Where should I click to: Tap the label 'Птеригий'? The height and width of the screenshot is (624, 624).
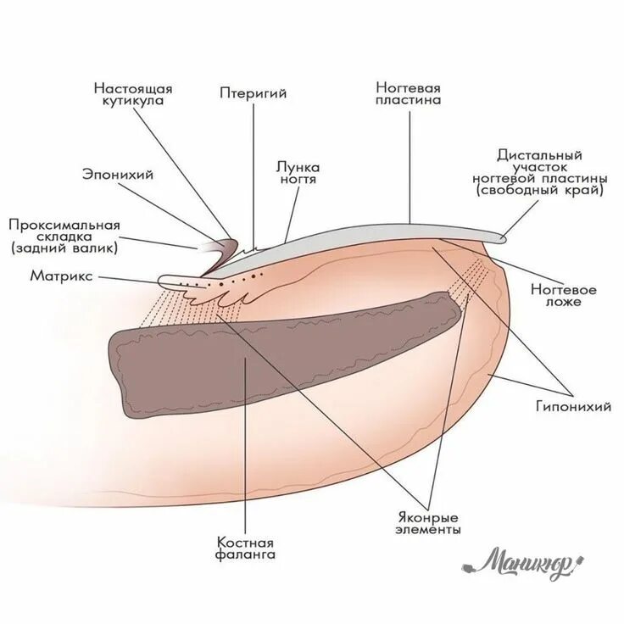tap(253, 93)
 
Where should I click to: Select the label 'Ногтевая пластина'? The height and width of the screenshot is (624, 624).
tap(409, 93)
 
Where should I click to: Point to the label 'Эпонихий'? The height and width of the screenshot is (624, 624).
tap(117, 175)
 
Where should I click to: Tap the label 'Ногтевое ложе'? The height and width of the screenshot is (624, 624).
tap(563, 295)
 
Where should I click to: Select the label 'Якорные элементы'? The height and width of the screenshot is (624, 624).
tap(428, 523)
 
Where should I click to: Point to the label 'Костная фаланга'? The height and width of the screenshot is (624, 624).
tap(246, 549)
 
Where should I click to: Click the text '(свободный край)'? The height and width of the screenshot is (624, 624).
tap(552, 192)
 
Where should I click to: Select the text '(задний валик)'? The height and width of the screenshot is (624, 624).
tap(64, 248)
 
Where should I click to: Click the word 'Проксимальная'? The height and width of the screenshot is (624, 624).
tap(64, 225)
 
